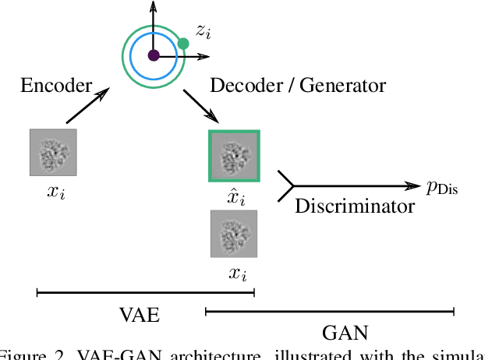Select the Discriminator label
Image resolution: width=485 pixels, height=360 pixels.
(x=354, y=206)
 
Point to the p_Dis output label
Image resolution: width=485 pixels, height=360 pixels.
(x=442, y=186)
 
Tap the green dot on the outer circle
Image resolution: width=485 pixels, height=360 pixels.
(x=183, y=44)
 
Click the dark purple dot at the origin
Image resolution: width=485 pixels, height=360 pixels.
(x=154, y=55)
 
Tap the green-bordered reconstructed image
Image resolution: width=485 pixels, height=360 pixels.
(x=234, y=157)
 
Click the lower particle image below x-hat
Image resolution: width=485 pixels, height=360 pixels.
(x=234, y=233)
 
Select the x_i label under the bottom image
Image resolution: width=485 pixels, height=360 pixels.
(x=235, y=274)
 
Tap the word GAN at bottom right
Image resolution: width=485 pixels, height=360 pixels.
(x=345, y=333)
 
